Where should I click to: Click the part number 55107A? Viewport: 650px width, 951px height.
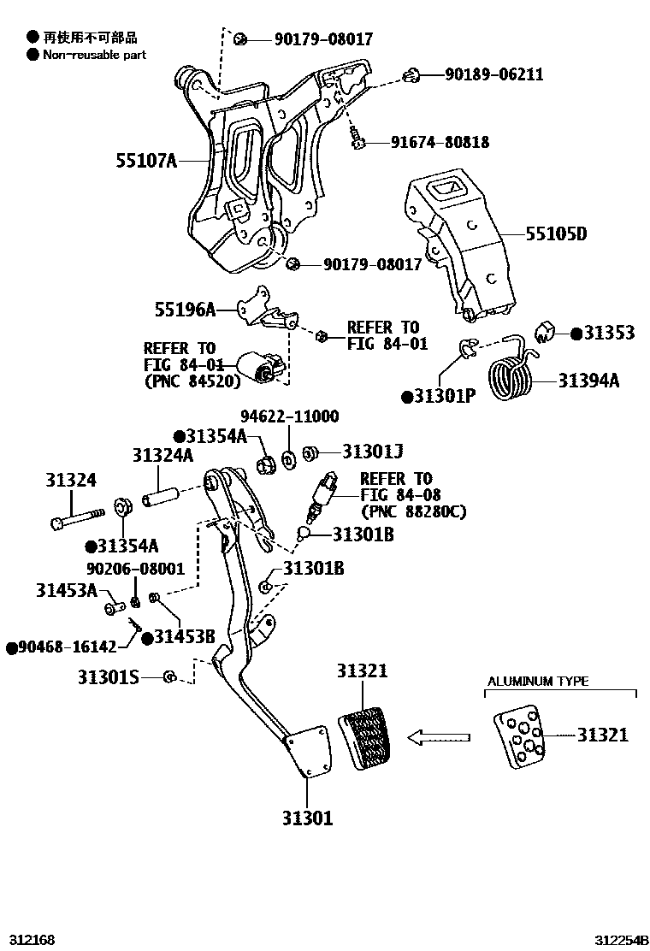(147, 160)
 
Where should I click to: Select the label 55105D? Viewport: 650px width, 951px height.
(556, 233)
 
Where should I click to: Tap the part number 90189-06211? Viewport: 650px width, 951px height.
(493, 74)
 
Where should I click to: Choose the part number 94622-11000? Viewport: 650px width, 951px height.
(289, 416)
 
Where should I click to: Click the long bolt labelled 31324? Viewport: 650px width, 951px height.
(77, 515)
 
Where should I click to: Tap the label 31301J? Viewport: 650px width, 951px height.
(372, 451)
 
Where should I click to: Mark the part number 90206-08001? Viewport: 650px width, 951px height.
(135, 568)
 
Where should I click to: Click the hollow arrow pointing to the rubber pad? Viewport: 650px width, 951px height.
(440, 736)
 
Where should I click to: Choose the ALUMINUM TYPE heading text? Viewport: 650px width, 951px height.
(538, 682)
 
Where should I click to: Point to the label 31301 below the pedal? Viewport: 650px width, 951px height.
(308, 818)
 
